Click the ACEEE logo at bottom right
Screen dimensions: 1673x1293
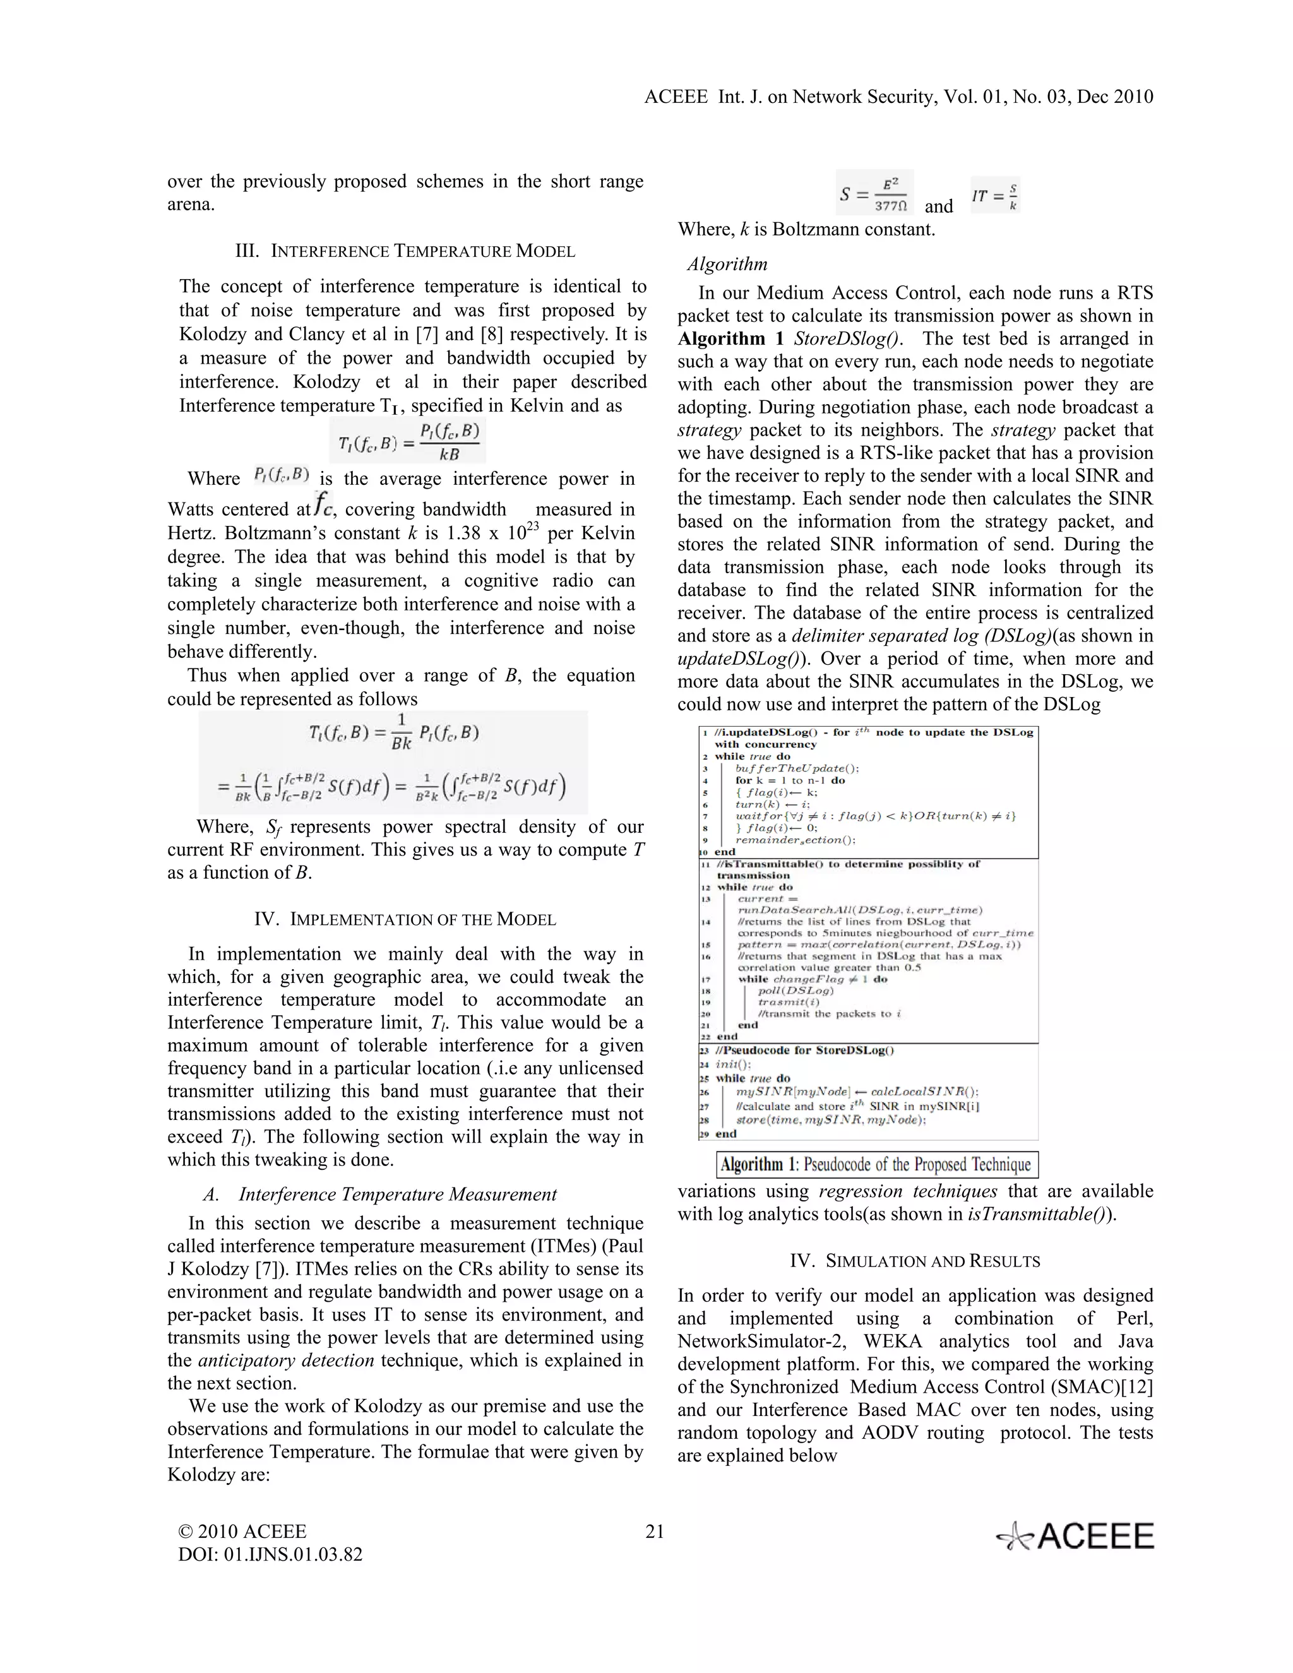click(1075, 1537)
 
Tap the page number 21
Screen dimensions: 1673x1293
click(655, 1532)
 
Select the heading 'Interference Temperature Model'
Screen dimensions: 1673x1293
click(405, 251)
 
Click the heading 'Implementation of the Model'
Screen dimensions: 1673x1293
click(405, 919)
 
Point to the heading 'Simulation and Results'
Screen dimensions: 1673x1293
click(915, 1261)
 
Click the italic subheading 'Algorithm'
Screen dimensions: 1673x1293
click(727, 265)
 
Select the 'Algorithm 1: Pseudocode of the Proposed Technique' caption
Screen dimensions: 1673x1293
click(876, 1165)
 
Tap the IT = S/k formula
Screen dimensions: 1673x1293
click(995, 196)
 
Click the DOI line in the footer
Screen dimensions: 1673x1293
click(270, 1554)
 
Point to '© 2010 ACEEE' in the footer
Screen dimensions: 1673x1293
click(242, 1532)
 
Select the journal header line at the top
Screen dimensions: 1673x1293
click(898, 97)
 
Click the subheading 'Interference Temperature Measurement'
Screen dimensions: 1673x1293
click(398, 1194)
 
